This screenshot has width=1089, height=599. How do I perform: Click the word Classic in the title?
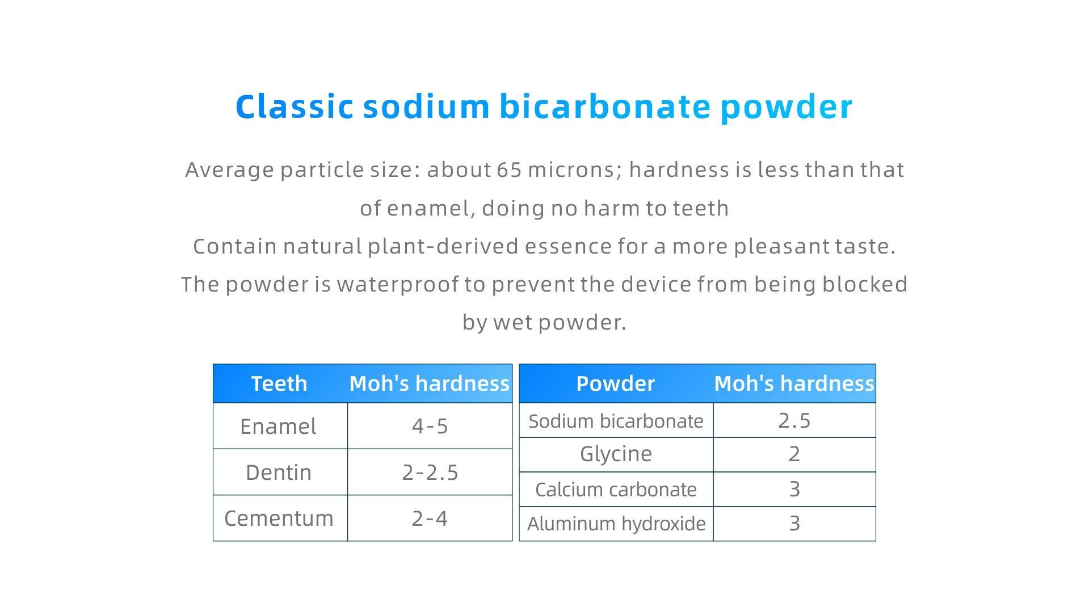(295, 107)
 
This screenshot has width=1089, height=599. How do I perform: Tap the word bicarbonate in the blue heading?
(605, 107)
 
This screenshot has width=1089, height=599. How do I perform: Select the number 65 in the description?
(509, 170)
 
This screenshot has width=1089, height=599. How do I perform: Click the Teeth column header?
(279, 384)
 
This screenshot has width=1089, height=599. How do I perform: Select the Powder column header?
(616, 384)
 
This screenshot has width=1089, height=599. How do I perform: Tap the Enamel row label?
(278, 427)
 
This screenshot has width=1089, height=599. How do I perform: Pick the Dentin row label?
(279, 473)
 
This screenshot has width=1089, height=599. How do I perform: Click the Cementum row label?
(279, 518)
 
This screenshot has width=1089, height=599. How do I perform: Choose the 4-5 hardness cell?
(430, 427)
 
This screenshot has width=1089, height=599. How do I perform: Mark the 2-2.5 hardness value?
(430, 473)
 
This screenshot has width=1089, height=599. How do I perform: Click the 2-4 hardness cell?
(430, 518)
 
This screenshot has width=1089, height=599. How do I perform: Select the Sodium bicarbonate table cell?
(616, 421)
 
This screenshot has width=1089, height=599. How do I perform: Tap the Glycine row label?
(616, 454)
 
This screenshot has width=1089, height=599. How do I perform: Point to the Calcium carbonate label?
(616, 490)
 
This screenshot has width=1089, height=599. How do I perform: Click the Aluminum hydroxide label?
(616, 524)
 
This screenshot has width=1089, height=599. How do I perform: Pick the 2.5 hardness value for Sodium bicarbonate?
(794, 420)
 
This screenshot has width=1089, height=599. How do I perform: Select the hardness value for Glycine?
(794, 454)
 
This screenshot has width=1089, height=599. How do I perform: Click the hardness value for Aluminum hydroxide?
(794, 524)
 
